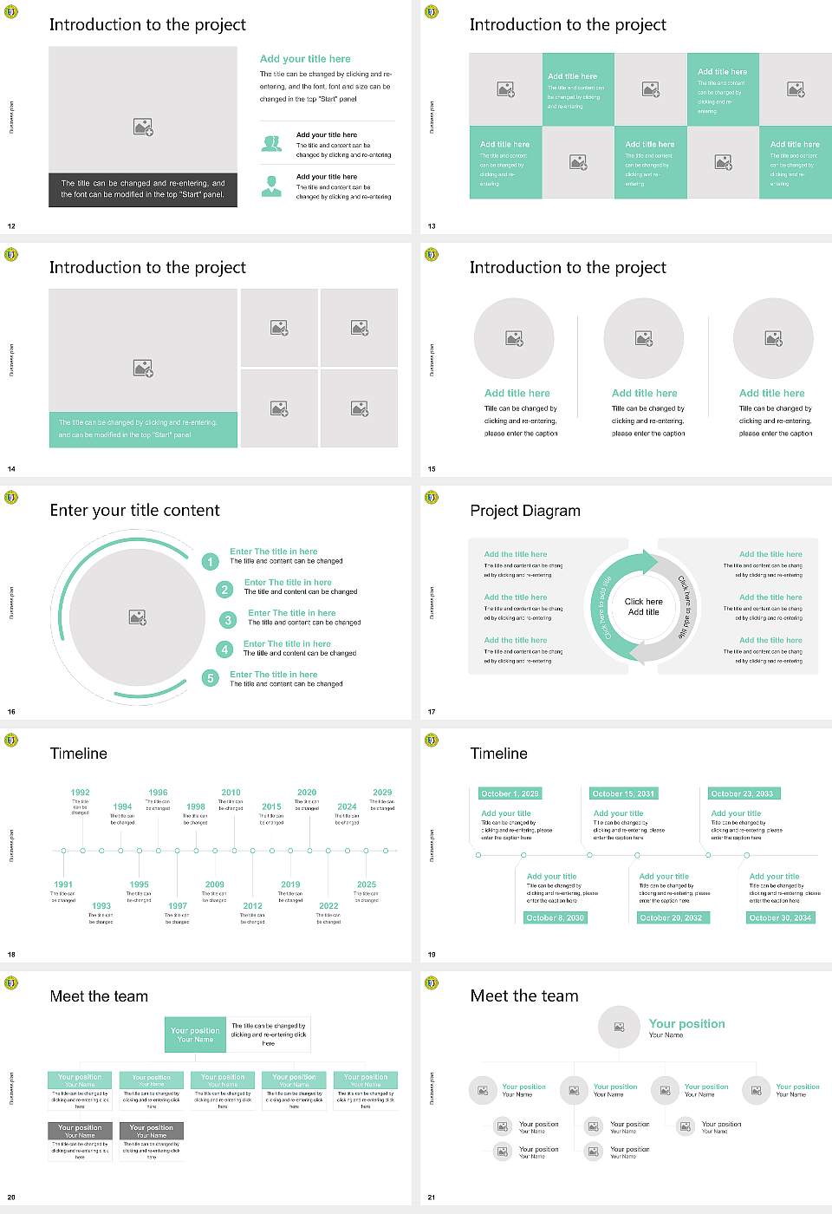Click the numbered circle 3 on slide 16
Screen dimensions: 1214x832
(x=228, y=620)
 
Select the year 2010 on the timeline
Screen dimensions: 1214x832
(x=231, y=793)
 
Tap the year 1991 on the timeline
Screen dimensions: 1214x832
(x=63, y=884)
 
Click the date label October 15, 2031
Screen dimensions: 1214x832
(x=623, y=793)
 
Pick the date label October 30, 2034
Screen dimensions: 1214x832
(x=780, y=917)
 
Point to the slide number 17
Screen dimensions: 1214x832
(x=432, y=712)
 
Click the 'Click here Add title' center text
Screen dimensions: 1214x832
(x=643, y=606)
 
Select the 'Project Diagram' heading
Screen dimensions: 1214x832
(x=525, y=511)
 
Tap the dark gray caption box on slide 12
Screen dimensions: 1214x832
(x=143, y=189)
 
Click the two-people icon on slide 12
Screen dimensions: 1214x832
(x=272, y=144)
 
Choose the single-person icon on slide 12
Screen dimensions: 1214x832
(x=272, y=186)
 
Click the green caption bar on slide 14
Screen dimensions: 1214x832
(x=143, y=429)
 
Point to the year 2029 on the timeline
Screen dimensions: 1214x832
(x=382, y=793)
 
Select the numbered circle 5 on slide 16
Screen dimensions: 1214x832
(x=210, y=678)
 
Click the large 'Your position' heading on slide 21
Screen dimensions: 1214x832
(x=686, y=1024)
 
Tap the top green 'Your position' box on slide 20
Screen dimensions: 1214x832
(x=195, y=1035)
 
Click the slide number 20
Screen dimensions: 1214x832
(x=11, y=1198)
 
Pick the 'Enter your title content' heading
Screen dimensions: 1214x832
(x=134, y=511)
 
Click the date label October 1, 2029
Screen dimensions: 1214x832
(x=510, y=793)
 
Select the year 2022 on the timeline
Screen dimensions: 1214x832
(x=328, y=905)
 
